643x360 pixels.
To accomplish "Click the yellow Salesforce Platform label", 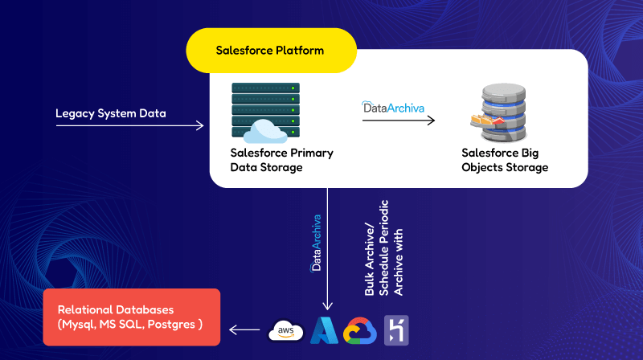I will coord(271,51).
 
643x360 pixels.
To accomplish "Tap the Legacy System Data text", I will coord(111,112).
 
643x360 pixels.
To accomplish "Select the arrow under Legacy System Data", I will coord(129,126).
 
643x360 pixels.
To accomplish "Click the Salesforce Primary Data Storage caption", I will coord(281,160).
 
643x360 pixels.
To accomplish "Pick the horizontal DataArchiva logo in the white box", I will coord(394,105).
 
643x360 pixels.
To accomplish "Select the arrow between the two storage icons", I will coord(398,121).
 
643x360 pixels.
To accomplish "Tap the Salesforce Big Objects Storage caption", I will coord(505,160).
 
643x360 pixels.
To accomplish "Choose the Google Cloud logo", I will coord(359,330).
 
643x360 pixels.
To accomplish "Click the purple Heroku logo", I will coord(396,329).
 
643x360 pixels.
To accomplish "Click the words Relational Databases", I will coord(109,309).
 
